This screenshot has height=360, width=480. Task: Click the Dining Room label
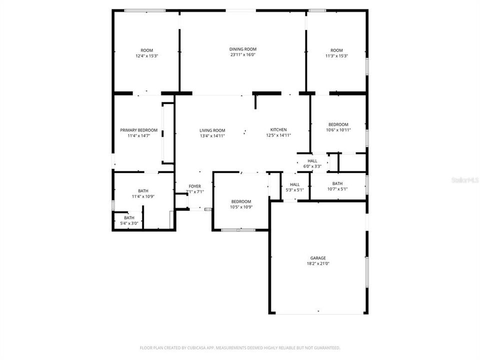coord(243,49)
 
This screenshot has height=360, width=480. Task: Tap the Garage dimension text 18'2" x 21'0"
coord(318,263)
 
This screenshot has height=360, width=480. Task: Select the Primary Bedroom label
coord(138,130)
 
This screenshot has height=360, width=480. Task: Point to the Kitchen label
coord(278,129)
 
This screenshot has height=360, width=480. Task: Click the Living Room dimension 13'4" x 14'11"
coord(212,135)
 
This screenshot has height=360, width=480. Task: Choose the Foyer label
coord(194,186)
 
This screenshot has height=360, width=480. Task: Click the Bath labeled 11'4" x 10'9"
coord(143,190)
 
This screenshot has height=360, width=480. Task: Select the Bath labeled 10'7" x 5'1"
coord(337,183)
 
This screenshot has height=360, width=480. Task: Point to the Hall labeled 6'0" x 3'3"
coord(312,160)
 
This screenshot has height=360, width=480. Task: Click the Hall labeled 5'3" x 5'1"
coord(294,184)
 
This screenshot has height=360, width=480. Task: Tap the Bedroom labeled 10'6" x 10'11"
coord(338,124)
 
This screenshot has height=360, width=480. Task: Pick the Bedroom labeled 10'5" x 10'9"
coord(241,201)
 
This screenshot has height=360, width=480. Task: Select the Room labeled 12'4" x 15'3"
coord(146,50)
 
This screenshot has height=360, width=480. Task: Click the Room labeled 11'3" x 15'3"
coord(336,50)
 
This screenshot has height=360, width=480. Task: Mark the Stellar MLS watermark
coord(464,179)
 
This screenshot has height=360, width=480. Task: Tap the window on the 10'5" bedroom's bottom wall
coord(238,230)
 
